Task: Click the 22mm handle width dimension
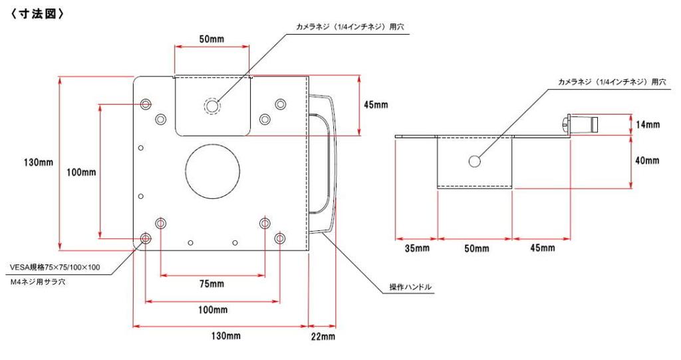[x=323, y=336]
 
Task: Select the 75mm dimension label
[x=212, y=284]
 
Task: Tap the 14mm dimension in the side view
[x=647, y=124]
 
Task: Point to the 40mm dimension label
[x=647, y=161]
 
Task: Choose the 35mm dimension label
[x=417, y=248]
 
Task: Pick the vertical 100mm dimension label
[x=82, y=172]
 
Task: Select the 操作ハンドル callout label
[x=411, y=287]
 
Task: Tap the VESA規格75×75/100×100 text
[x=55, y=268]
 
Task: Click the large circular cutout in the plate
[x=212, y=172]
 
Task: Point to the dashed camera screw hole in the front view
[x=212, y=106]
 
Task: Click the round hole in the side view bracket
[x=475, y=161]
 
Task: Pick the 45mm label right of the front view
[x=376, y=104]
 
